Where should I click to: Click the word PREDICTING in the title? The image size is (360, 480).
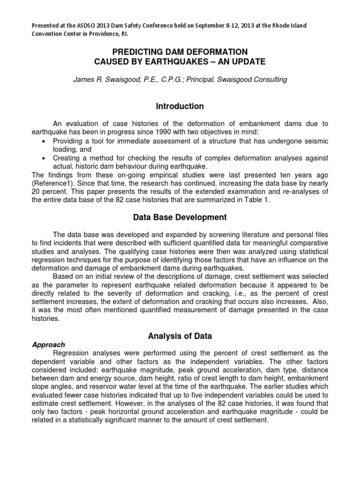[138, 52]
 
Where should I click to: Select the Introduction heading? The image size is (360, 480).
[180, 106]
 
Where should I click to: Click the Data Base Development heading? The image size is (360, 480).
[180, 217]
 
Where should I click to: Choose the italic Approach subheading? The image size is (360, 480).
[48, 344]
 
